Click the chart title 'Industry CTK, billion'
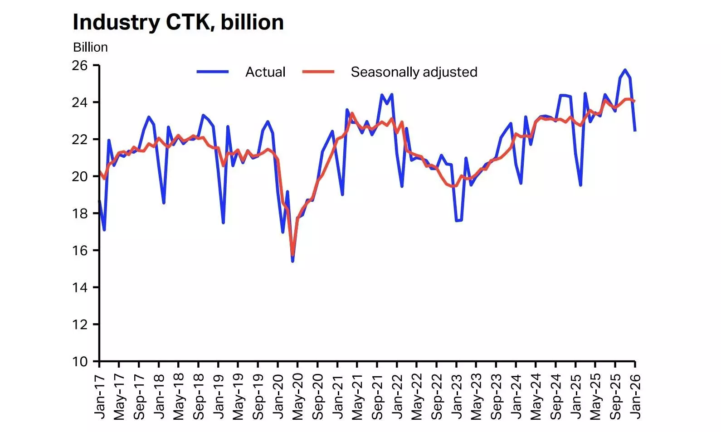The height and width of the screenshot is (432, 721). pyautogui.click(x=178, y=22)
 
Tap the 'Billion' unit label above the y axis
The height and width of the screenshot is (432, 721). pyautogui.click(x=90, y=47)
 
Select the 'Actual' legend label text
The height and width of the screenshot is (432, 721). pyautogui.click(x=265, y=72)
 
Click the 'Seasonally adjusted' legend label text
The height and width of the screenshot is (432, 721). pyautogui.click(x=414, y=72)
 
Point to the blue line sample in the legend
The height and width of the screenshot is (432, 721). pyautogui.click(x=213, y=72)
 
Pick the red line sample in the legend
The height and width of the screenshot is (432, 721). pyautogui.click(x=318, y=72)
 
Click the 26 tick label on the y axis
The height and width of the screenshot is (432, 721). pyautogui.click(x=80, y=66)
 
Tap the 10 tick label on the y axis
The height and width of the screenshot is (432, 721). pyautogui.click(x=80, y=362)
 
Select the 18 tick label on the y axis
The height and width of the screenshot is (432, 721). pyautogui.click(x=80, y=214)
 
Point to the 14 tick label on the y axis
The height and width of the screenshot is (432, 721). pyautogui.click(x=80, y=287)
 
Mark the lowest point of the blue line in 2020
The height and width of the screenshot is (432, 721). pyautogui.click(x=292, y=261)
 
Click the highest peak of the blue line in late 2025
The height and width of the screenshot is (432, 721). pyautogui.click(x=625, y=70)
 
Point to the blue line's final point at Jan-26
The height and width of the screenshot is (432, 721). pyautogui.click(x=635, y=131)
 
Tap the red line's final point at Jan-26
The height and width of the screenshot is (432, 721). pyautogui.click(x=634, y=101)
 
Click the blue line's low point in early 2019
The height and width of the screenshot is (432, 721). pyautogui.click(x=223, y=223)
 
